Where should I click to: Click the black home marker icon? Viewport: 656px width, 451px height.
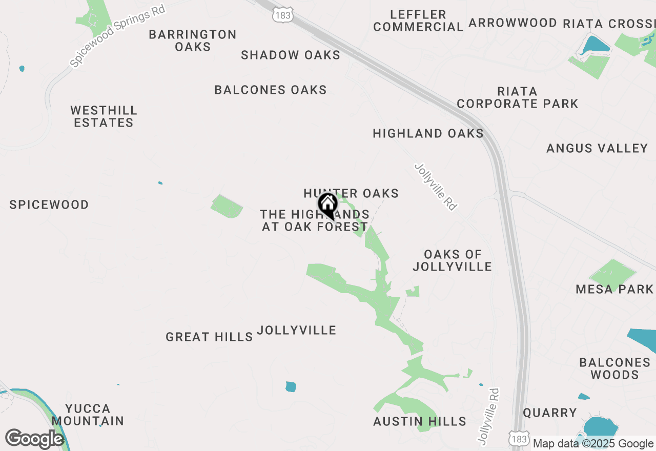[x=327, y=206]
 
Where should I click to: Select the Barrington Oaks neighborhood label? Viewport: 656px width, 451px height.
[x=193, y=40]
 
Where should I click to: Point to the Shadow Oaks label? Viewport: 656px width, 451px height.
[x=291, y=55]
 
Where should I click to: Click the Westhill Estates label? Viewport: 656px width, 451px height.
[x=104, y=116]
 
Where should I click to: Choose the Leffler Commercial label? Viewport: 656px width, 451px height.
[x=418, y=21]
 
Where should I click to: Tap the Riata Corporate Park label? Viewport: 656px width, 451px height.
[x=517, y=97]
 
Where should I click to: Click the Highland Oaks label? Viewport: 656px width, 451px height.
[x=428, y=134]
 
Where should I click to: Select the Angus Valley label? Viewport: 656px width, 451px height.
[x=597, y=149]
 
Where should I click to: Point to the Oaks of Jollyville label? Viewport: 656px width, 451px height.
[x=453, y=260]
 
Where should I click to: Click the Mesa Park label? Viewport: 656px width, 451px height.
[x=614, y=290]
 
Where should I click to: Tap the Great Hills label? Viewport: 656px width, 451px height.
[x=209, y=337]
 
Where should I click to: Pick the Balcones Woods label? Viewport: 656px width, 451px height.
[x=614, y=368]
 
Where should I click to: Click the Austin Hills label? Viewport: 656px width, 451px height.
[x=420, y=422]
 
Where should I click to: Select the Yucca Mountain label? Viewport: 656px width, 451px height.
[x=88, y=415]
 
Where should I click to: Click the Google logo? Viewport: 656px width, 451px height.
[x=34, y=439]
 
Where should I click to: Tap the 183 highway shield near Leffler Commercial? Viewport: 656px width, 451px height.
[x=282, y=16]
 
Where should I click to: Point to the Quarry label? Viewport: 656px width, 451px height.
[x=550, y=413]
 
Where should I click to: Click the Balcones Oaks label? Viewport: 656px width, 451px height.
[x=271, y=90]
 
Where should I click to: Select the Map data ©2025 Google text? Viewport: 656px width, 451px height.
[x=593, y=444]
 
